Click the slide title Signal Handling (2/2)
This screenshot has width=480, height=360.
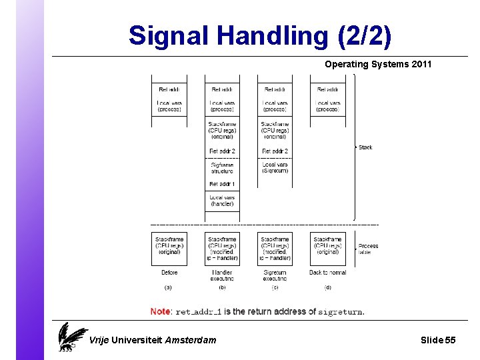pyautogui.click(x=260, y=35)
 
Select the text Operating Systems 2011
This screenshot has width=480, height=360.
pyautogui.click(x=378, y=65)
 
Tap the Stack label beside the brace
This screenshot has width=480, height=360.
pyautogui.click(x=365, y=147)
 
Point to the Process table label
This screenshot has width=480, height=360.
pyautogui.click(x=367, y=249)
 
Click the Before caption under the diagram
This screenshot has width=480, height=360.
pyautogui.click(x=169, y=273)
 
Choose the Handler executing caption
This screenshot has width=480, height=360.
pyautogui.click(x=222, y=275)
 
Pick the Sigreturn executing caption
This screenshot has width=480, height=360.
pyautogui.click(x=275, y=275)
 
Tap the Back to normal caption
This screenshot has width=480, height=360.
pyautogui.click(x=327, y=273)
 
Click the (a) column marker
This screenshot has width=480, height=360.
pyautogui.click(x=169, y=288)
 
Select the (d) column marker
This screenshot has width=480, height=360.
pyautogui.click(x=327, y=288)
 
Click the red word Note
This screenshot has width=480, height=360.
pyautogui.click(x=160, y=311)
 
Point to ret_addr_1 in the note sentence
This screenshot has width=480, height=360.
pyautogui.click(x=198, y=312)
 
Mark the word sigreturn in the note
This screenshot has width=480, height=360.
pyautogui.click(x=340, y=312)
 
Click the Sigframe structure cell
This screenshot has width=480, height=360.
pyautogui.click(x=222, y=168)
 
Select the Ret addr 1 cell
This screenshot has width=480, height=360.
pyautogui.click(x=222, y=184)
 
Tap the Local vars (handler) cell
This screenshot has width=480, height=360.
pyautogui.click(x=222, y=201)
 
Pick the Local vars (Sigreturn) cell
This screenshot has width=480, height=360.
pyautogui.click(x=275, y=167)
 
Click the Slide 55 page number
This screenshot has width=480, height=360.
pyautogui.click(x=438, y=340)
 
